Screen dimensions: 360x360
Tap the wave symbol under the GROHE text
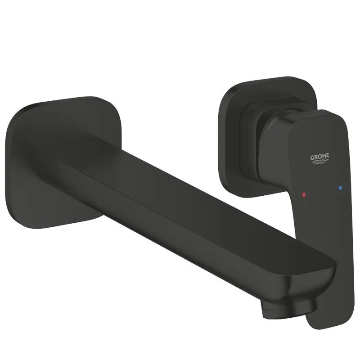[x=319, y=162]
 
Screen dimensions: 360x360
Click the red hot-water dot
[x=304, y=195]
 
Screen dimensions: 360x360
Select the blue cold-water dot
[x=340, y=188]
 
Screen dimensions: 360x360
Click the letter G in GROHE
[x=312, y=158]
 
